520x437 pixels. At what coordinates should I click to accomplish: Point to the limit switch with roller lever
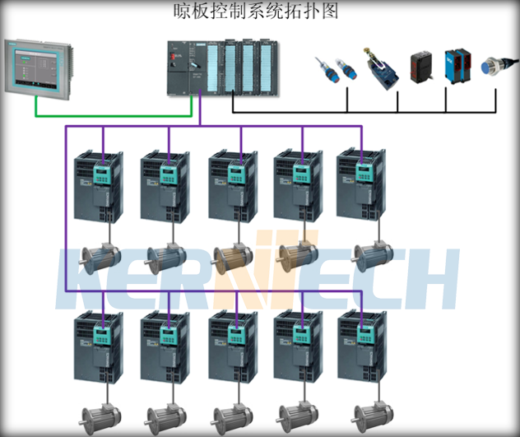383,69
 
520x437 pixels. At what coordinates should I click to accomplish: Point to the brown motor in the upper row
230,258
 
